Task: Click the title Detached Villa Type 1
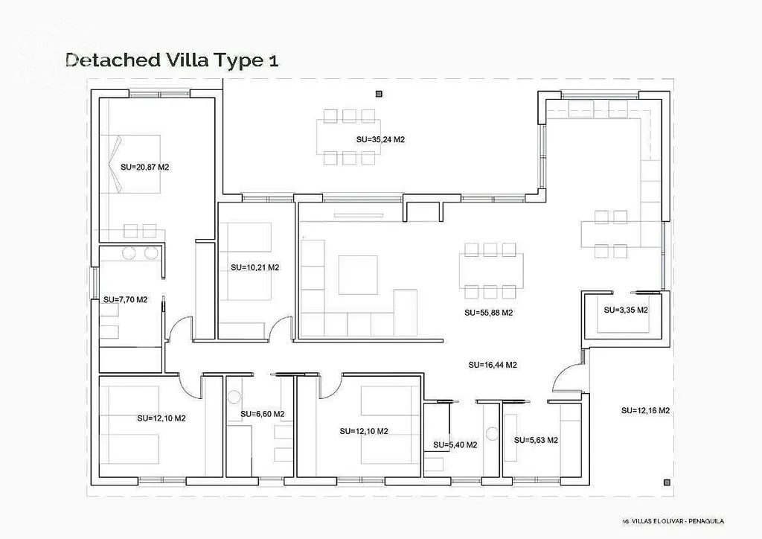tap(172, 60)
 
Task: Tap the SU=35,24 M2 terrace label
tap(380, 139)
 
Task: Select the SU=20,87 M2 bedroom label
tap(145, 168)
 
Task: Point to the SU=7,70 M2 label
tap(125, 300)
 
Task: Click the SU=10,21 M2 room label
tap(255, 267)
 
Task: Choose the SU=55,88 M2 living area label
tap(488, 313)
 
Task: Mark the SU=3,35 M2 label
tap(626, 310)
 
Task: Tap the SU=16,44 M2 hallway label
tap(493, 365)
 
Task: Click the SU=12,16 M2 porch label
tap(645, 411)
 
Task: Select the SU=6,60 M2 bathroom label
tap(263, 414)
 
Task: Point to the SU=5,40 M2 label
tap(455, 444)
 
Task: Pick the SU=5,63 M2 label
tap(536, 440)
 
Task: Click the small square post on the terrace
tap(379, 94)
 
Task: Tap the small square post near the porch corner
tap(667, 482)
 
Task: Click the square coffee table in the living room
tap(358, 275)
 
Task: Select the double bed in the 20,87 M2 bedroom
tap(130, 165)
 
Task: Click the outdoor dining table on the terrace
tap(348, 136)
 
